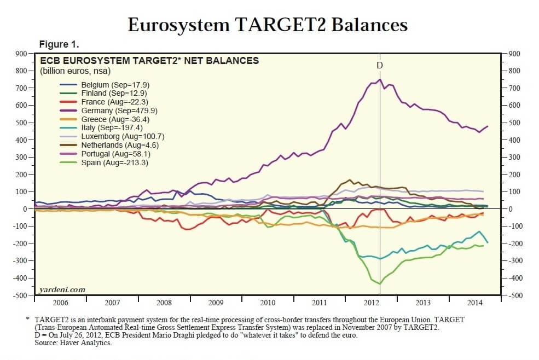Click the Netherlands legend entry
tap(107, 145)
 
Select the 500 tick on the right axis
tap(517, 123)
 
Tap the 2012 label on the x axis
tap(372, 302)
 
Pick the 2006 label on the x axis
tap(61, 302)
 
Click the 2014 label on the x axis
tap(475, 302)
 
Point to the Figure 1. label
tap(59, 44)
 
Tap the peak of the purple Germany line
tap(380, 79)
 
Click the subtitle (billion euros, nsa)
tap(76, 71)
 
